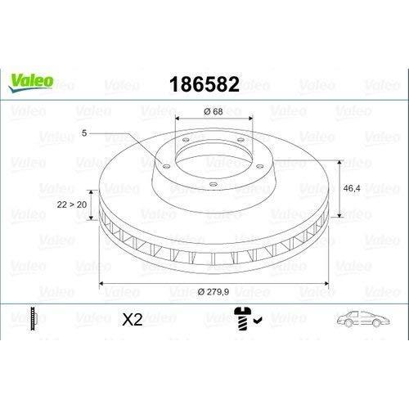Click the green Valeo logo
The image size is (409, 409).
(31, 82)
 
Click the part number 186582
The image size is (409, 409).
(204, 84)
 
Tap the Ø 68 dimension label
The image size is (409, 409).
(213, 111)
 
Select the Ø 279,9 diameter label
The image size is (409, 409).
(213, 292)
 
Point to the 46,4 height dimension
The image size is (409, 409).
(352, 188)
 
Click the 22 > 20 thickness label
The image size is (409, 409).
(72, 204)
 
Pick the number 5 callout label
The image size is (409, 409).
(84, 133)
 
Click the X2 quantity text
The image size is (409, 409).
(133, 319)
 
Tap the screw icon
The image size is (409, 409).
(243, 319)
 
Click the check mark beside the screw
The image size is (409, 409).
(258, 320)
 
